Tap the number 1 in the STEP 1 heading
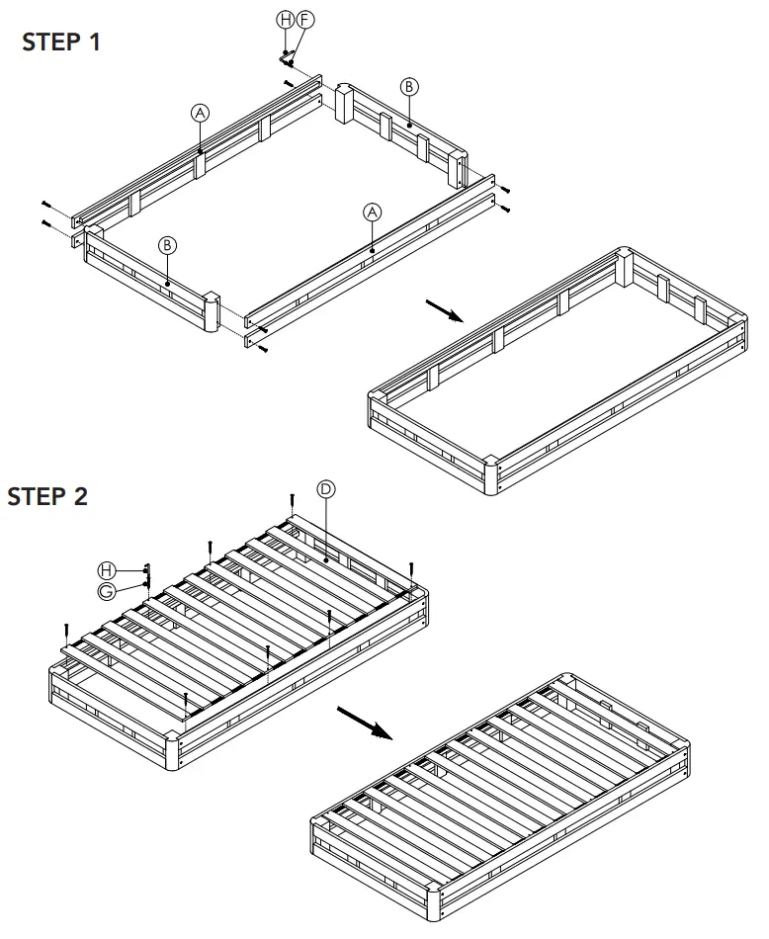pos(94,43)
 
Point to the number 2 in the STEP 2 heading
pos(80,496)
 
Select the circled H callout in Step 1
pos(285,19)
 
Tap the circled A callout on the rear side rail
pos(201,114)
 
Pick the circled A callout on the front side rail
pos(372,213)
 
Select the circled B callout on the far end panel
pos(408,87)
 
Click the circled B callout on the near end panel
pos(167,245)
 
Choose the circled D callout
pos(325,489)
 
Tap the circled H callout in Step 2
pos(106,570)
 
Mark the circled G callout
pos(106,591)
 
